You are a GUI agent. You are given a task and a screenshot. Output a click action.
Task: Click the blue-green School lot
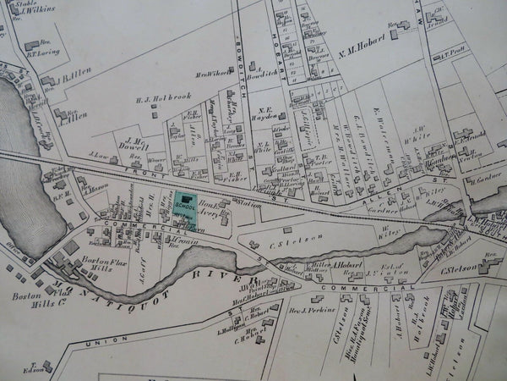tap(185, 208)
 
